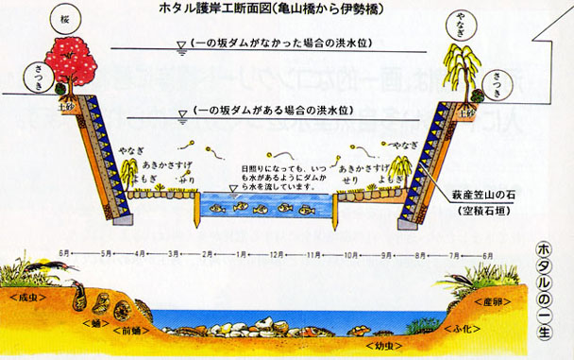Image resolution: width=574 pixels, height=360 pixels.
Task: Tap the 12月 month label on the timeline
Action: pyautogui.click(x=276, y=255)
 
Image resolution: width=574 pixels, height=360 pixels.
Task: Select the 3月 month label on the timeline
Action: pyautogui.click(x=175, y=255)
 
